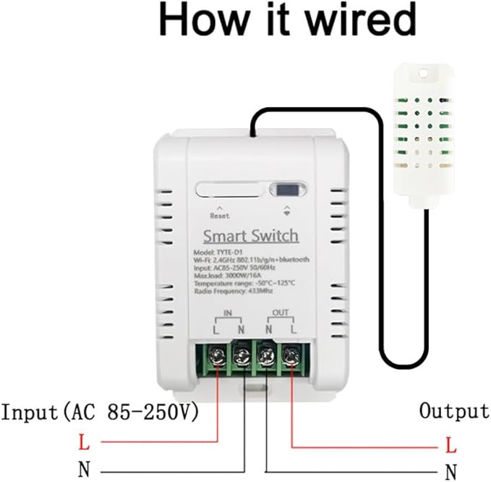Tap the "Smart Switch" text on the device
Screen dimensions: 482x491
[249, 236]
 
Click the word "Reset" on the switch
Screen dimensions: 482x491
[219, 216]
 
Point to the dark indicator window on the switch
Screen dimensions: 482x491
[288, 190]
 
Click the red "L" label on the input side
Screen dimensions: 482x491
[84, 441]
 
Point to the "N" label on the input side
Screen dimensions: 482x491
[84, 469]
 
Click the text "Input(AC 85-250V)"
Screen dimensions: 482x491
[100, 413]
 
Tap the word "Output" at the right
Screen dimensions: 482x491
[454, 411]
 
